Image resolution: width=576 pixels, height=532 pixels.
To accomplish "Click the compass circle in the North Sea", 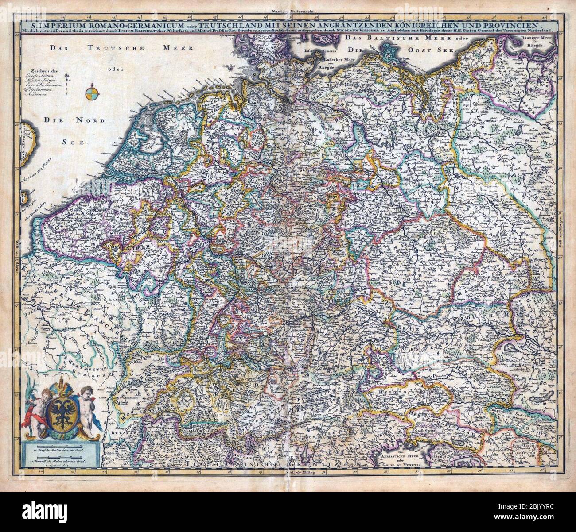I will point(93,94).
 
